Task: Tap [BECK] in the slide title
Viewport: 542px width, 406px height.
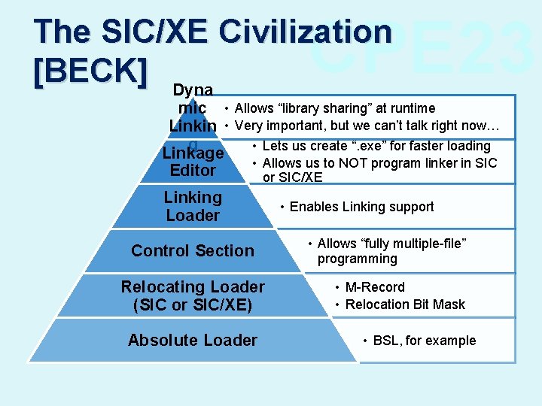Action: (90, 69)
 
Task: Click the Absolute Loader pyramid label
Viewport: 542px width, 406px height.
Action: (193, 341)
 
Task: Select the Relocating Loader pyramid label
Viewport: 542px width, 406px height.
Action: (193, 287)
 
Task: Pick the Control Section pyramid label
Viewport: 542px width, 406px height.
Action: (193, 251)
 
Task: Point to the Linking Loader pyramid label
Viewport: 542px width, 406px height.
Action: (193, 207)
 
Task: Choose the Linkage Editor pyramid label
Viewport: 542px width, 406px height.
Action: (193, 162)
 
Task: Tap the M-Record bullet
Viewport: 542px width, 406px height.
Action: (375, 287)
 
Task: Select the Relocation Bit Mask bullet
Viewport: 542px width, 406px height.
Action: (405, 304)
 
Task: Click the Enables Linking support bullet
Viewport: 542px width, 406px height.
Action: (361, 207)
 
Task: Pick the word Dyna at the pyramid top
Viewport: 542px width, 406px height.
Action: (193, 91)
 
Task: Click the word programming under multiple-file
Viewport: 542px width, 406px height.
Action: (357, 259)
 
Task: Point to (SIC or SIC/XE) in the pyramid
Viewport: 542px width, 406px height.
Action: (193, 305)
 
